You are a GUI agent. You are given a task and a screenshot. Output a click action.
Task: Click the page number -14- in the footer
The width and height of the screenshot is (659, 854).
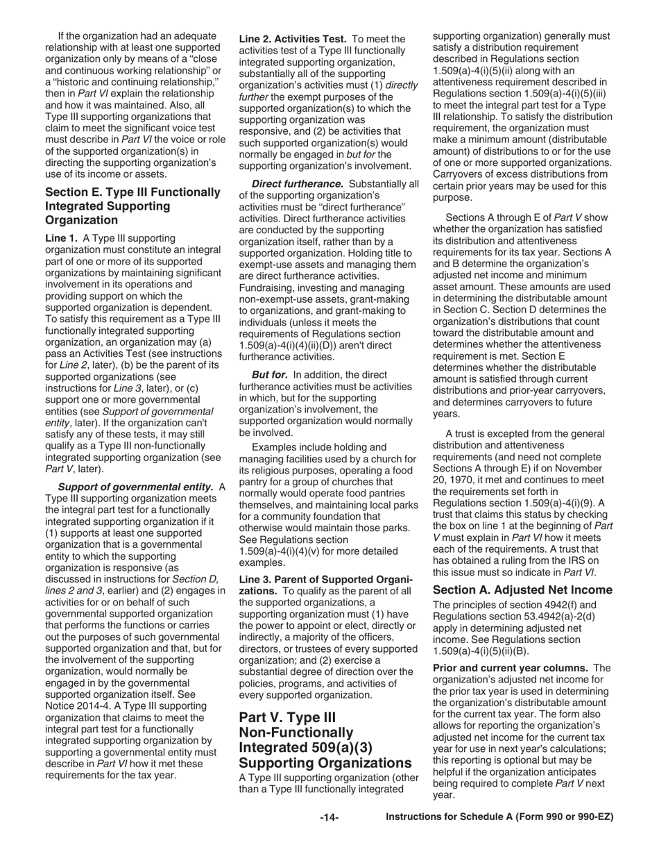329,818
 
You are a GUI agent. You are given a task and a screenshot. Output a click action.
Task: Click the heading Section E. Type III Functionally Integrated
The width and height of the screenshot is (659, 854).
132,206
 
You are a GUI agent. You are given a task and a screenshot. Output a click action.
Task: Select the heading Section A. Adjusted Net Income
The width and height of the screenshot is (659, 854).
522,590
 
